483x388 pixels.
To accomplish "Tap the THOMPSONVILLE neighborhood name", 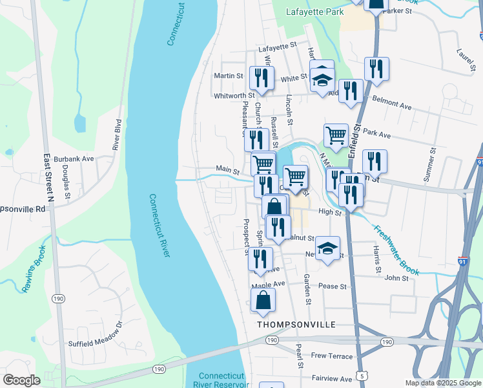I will point(296,325).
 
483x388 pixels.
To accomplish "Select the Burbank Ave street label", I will point(74,158).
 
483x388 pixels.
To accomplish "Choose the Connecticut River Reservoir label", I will point(221,380).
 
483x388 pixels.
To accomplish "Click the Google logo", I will point(21,380).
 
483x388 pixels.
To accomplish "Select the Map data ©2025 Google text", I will point(442,383).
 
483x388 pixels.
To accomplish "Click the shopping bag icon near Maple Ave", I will point(263,301).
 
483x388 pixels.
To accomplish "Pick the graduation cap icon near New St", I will point(327,248).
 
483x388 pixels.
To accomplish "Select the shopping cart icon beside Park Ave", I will point(336,136).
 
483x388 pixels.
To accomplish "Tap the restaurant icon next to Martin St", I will point(262,78).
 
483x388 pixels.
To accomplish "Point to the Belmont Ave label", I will point(393,105).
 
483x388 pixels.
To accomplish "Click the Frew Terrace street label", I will point(332,356).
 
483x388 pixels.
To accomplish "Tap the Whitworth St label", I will point(234,96).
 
